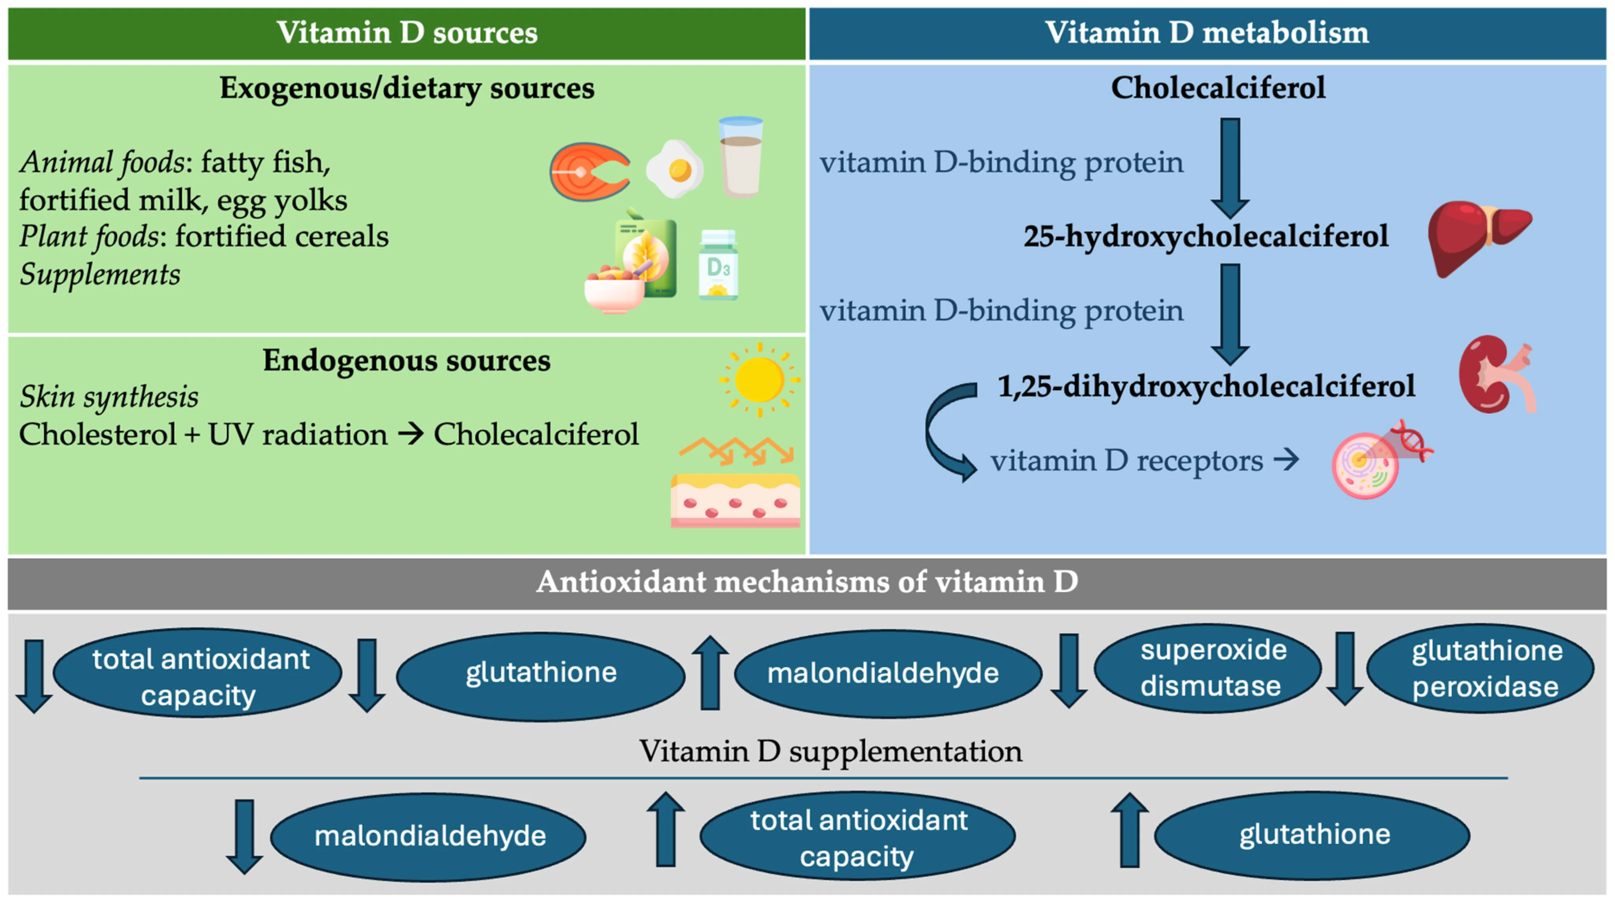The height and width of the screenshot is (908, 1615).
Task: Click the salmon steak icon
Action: [x=589, y=172]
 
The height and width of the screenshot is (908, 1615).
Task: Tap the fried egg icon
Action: [x=674, y=169]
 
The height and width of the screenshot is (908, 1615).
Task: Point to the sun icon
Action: [x=759, y=379]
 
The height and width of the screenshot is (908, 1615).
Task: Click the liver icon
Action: [x=1477, y=237]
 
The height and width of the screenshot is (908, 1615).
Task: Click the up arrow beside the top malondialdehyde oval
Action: [x=710, y=672]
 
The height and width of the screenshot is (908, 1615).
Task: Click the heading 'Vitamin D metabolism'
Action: [x=1207, y=33]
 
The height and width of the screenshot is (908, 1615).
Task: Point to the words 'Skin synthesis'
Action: [x=109, y=397]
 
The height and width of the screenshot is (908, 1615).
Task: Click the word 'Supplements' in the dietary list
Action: [x=100, y=274]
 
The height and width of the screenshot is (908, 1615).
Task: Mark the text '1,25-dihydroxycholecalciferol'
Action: [x=1206, y=386]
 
